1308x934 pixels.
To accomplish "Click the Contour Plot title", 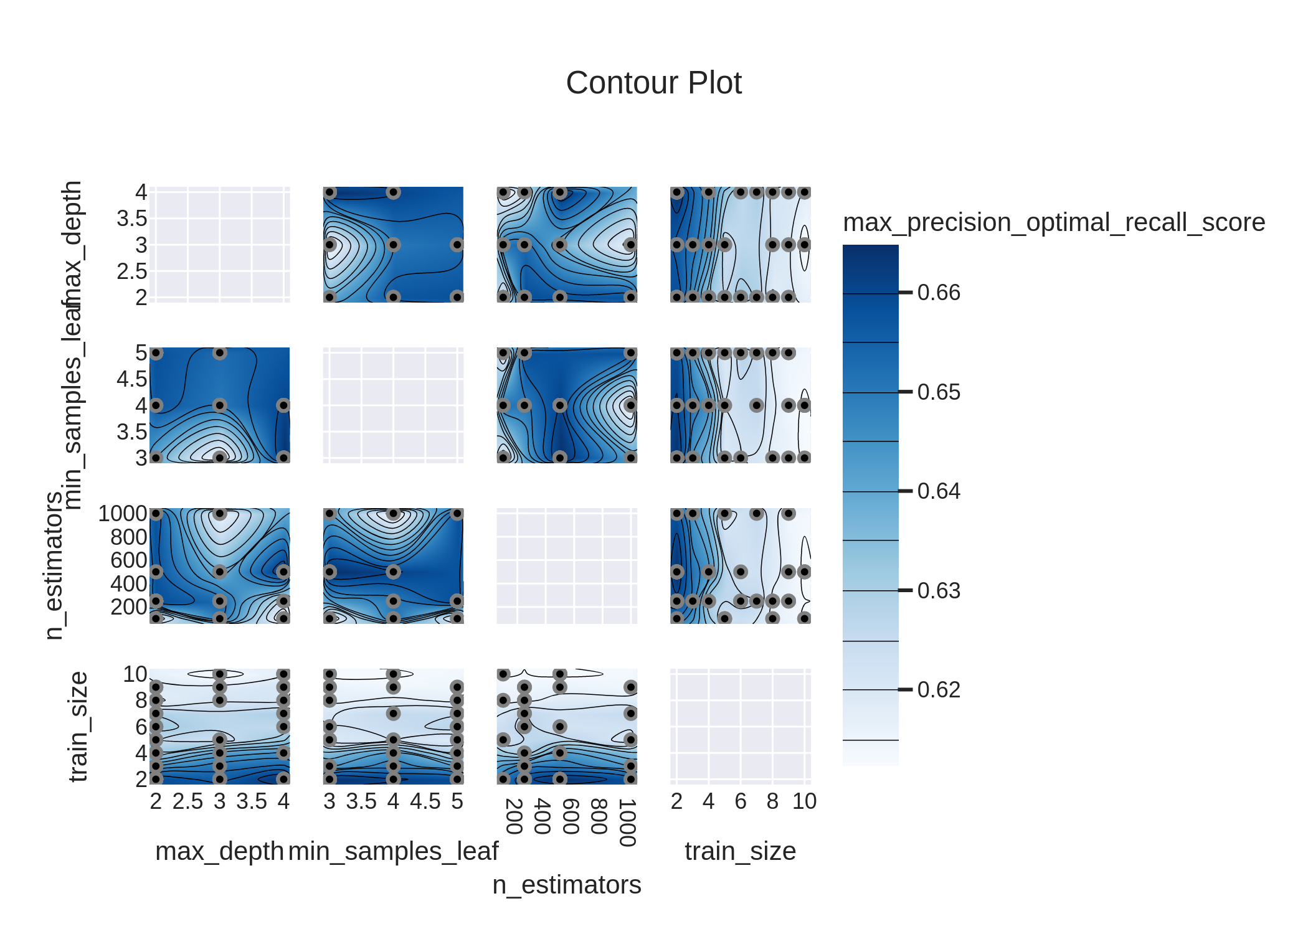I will pos(653,83).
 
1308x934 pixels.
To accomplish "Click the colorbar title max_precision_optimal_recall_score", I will pos(1053,222).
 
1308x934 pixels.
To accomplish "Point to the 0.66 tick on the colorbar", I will pos(938,293).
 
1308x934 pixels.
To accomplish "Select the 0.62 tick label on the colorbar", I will pos(938,690).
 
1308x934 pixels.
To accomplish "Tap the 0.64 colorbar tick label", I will pos(938,491).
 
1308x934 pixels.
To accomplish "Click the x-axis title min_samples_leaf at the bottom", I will pos(393,851).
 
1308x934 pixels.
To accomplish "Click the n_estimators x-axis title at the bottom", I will pos(566,885).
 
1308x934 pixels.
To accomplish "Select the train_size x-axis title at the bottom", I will pos(740,851).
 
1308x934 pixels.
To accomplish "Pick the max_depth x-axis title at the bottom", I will pos(219,851).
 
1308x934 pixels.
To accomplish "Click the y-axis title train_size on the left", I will pos(78,727).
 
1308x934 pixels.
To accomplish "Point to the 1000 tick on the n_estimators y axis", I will pos(123,514).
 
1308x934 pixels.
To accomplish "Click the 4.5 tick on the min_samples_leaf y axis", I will pos(132,379).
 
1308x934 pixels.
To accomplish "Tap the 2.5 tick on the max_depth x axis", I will pos(187,801).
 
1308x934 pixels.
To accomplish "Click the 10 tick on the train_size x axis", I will pos(804,801).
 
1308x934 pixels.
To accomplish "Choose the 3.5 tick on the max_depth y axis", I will pos(132,219).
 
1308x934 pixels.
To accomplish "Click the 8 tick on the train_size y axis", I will pos(141,700).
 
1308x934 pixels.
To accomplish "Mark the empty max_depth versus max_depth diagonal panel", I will pos(219,245).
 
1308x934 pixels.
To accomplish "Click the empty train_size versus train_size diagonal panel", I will pos(740,727).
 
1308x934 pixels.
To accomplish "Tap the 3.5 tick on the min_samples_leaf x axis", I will pos(361,801).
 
